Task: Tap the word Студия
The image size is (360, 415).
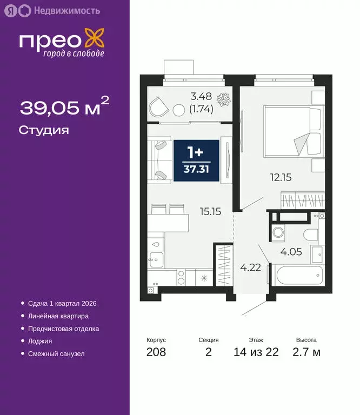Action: [44, 130]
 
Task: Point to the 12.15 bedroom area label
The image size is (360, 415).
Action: [281, 177]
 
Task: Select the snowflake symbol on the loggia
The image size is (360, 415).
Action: [222, 101]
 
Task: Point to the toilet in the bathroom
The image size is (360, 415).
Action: [313, 235]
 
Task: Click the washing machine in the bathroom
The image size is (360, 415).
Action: [278, 233]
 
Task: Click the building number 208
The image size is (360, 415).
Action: [156, 353]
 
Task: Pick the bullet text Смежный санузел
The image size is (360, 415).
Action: [56, 353]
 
